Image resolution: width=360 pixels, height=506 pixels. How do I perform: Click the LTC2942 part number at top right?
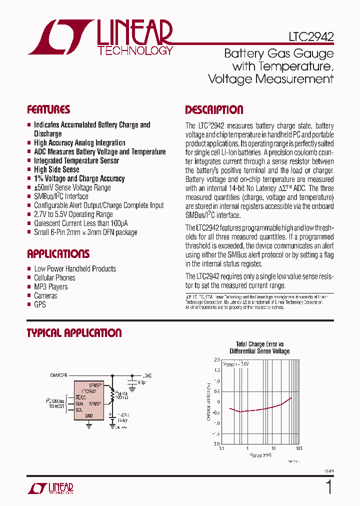pos(311,36)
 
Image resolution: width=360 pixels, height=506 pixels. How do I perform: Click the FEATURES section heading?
pos(48,109)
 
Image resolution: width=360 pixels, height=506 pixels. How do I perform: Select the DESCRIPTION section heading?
pos(214,110)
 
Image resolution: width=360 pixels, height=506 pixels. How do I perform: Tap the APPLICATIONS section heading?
pos(58,253)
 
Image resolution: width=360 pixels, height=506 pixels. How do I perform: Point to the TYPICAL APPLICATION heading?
pos(74,333)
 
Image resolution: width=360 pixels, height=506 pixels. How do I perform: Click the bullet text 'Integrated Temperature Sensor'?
pos(76,160)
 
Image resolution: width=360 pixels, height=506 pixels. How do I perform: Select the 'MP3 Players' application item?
pos(50,286)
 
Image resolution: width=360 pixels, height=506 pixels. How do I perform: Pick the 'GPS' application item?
pos(40,304)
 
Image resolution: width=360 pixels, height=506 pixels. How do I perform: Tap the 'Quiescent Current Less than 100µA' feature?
pos(80,223)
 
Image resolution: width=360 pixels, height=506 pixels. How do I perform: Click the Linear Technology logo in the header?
pos(100,37)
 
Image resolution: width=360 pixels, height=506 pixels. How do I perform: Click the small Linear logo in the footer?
pos(49,488)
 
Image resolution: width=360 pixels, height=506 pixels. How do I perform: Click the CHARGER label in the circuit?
pos(59,374)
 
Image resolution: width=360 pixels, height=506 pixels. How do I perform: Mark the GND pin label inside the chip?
pos(89,415)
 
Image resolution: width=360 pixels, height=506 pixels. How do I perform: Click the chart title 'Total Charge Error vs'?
pos(259,344)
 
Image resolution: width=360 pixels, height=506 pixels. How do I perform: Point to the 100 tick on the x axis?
pos(299,448)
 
